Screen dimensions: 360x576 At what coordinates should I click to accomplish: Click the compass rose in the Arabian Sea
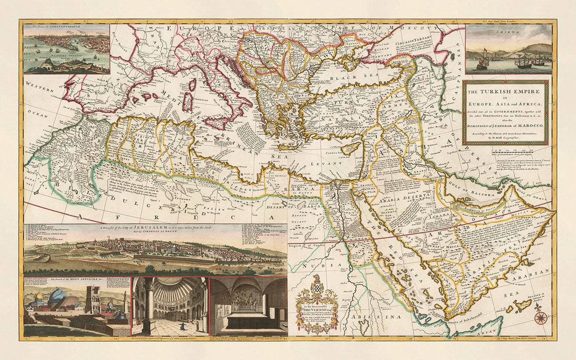point(541,318)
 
